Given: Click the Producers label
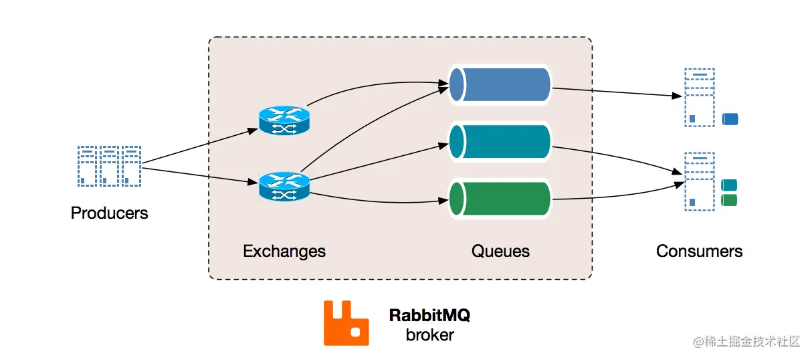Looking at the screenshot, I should (x=109, y=213).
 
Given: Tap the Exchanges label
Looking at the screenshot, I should (x=284, y=252).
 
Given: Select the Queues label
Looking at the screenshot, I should (x=500, y=252).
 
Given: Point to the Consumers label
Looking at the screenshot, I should (x=699, y=252).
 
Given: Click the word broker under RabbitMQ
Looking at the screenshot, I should (x=429, y=335).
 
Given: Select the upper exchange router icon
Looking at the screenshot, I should (x=284, y=119).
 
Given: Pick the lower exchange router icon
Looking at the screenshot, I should (x=284, y=186).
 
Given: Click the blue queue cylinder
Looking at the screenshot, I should (x=500, y=85).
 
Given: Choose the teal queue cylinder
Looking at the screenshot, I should (x=500, y=142).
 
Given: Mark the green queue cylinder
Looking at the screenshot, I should (x=500, y=199).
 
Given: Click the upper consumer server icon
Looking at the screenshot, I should (x=699, y=98).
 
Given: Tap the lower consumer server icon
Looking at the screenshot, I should (x=699, y=181).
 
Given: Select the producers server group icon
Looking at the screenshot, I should (x=109, y=165).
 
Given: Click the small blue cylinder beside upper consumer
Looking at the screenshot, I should (x=730, y=119).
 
